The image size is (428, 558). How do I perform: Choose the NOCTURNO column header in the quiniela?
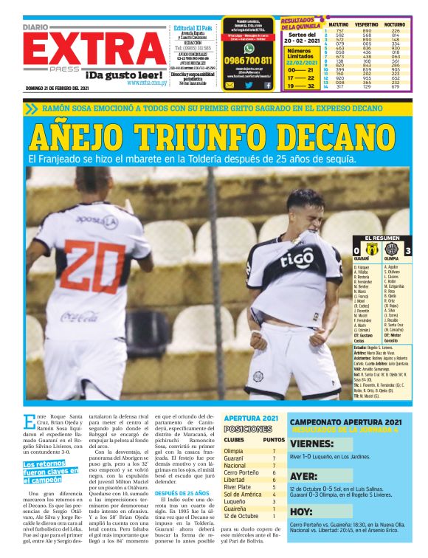396,24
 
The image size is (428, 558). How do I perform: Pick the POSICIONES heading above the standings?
247,429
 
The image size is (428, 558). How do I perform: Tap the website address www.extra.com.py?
146,83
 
